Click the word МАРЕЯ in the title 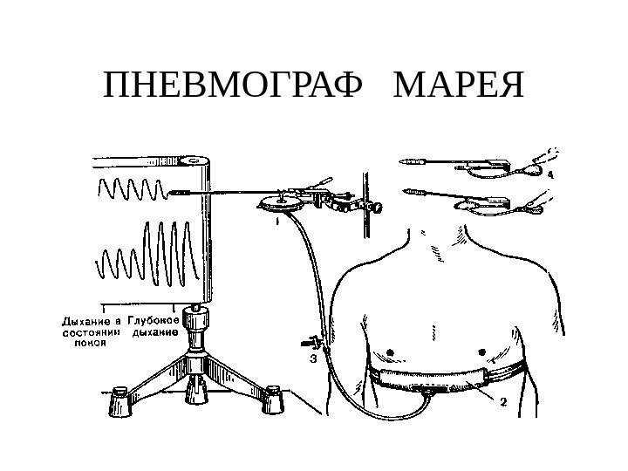(460, 87)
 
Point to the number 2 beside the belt (503, 402)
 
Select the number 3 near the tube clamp (312, 358)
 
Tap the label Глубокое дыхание (154, 325)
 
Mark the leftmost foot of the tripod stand (117, 403)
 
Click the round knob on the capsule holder (379, 208)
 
